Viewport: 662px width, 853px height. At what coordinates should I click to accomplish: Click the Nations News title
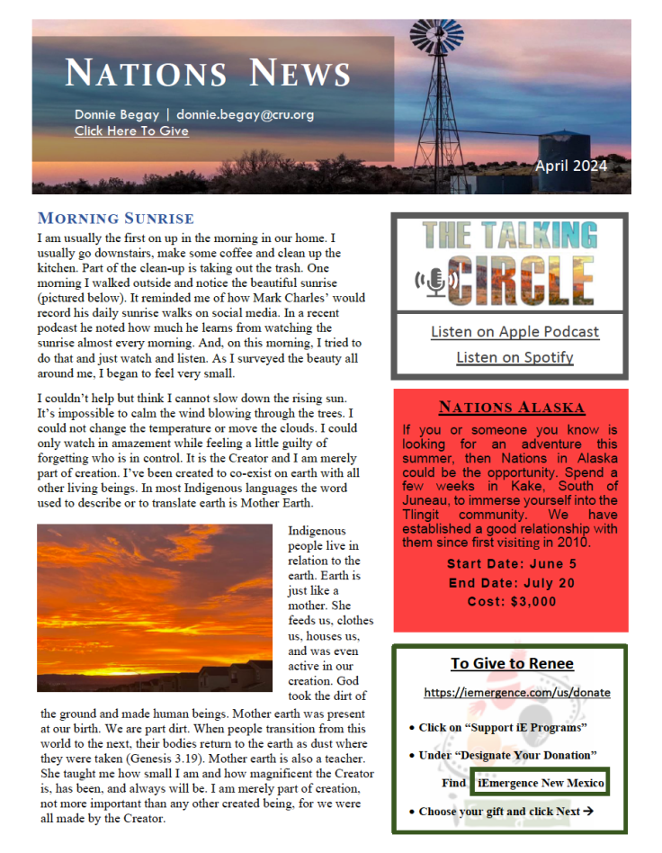(208, 73)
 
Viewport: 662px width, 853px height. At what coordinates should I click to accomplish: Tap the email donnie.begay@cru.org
(245, 115)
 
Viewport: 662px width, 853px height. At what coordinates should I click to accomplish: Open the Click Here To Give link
(131, 131)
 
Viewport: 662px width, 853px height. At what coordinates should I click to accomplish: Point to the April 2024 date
(570, 166)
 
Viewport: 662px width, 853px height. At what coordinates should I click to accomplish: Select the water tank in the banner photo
(568, 154)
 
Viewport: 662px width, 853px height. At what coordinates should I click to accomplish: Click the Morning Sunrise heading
(115, 219)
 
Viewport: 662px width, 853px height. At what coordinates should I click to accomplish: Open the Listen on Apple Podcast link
(514, 332)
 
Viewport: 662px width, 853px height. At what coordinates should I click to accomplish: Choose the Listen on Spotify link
(514, 357)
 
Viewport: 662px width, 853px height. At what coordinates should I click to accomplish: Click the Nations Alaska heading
(511, 407)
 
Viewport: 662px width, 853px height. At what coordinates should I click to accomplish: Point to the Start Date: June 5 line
(512, 564)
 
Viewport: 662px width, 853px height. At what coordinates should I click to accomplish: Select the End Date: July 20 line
(512, 583)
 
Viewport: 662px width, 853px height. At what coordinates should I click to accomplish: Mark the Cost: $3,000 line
(512, 602)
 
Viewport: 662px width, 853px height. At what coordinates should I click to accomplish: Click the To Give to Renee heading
(512, 664)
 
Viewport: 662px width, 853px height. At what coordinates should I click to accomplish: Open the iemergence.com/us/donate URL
(517, 693)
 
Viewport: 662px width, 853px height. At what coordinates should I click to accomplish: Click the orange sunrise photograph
(154, 608)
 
